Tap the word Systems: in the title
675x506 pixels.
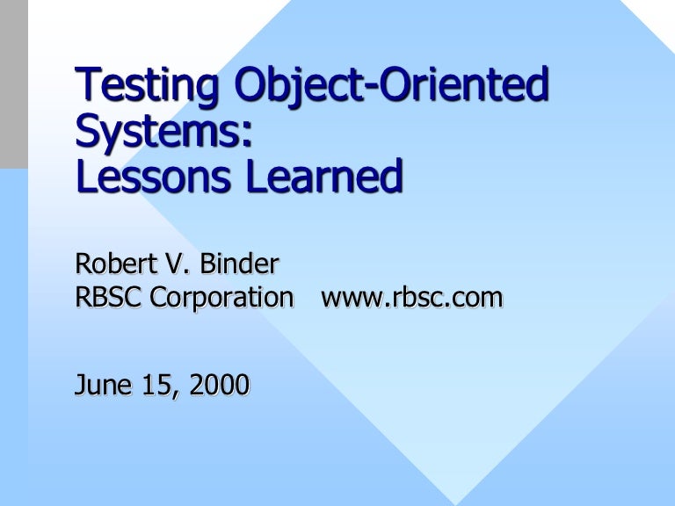pyautogui.click(x=164, y=133)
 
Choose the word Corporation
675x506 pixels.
pyautogui.click(x=222, y=299)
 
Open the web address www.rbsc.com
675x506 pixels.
pyautogui.click(x=412, y=299)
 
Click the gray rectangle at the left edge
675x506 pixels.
pyautogui.click(x=13, y=84)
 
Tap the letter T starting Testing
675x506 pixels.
pyautogui.click(x=87, y=86)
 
